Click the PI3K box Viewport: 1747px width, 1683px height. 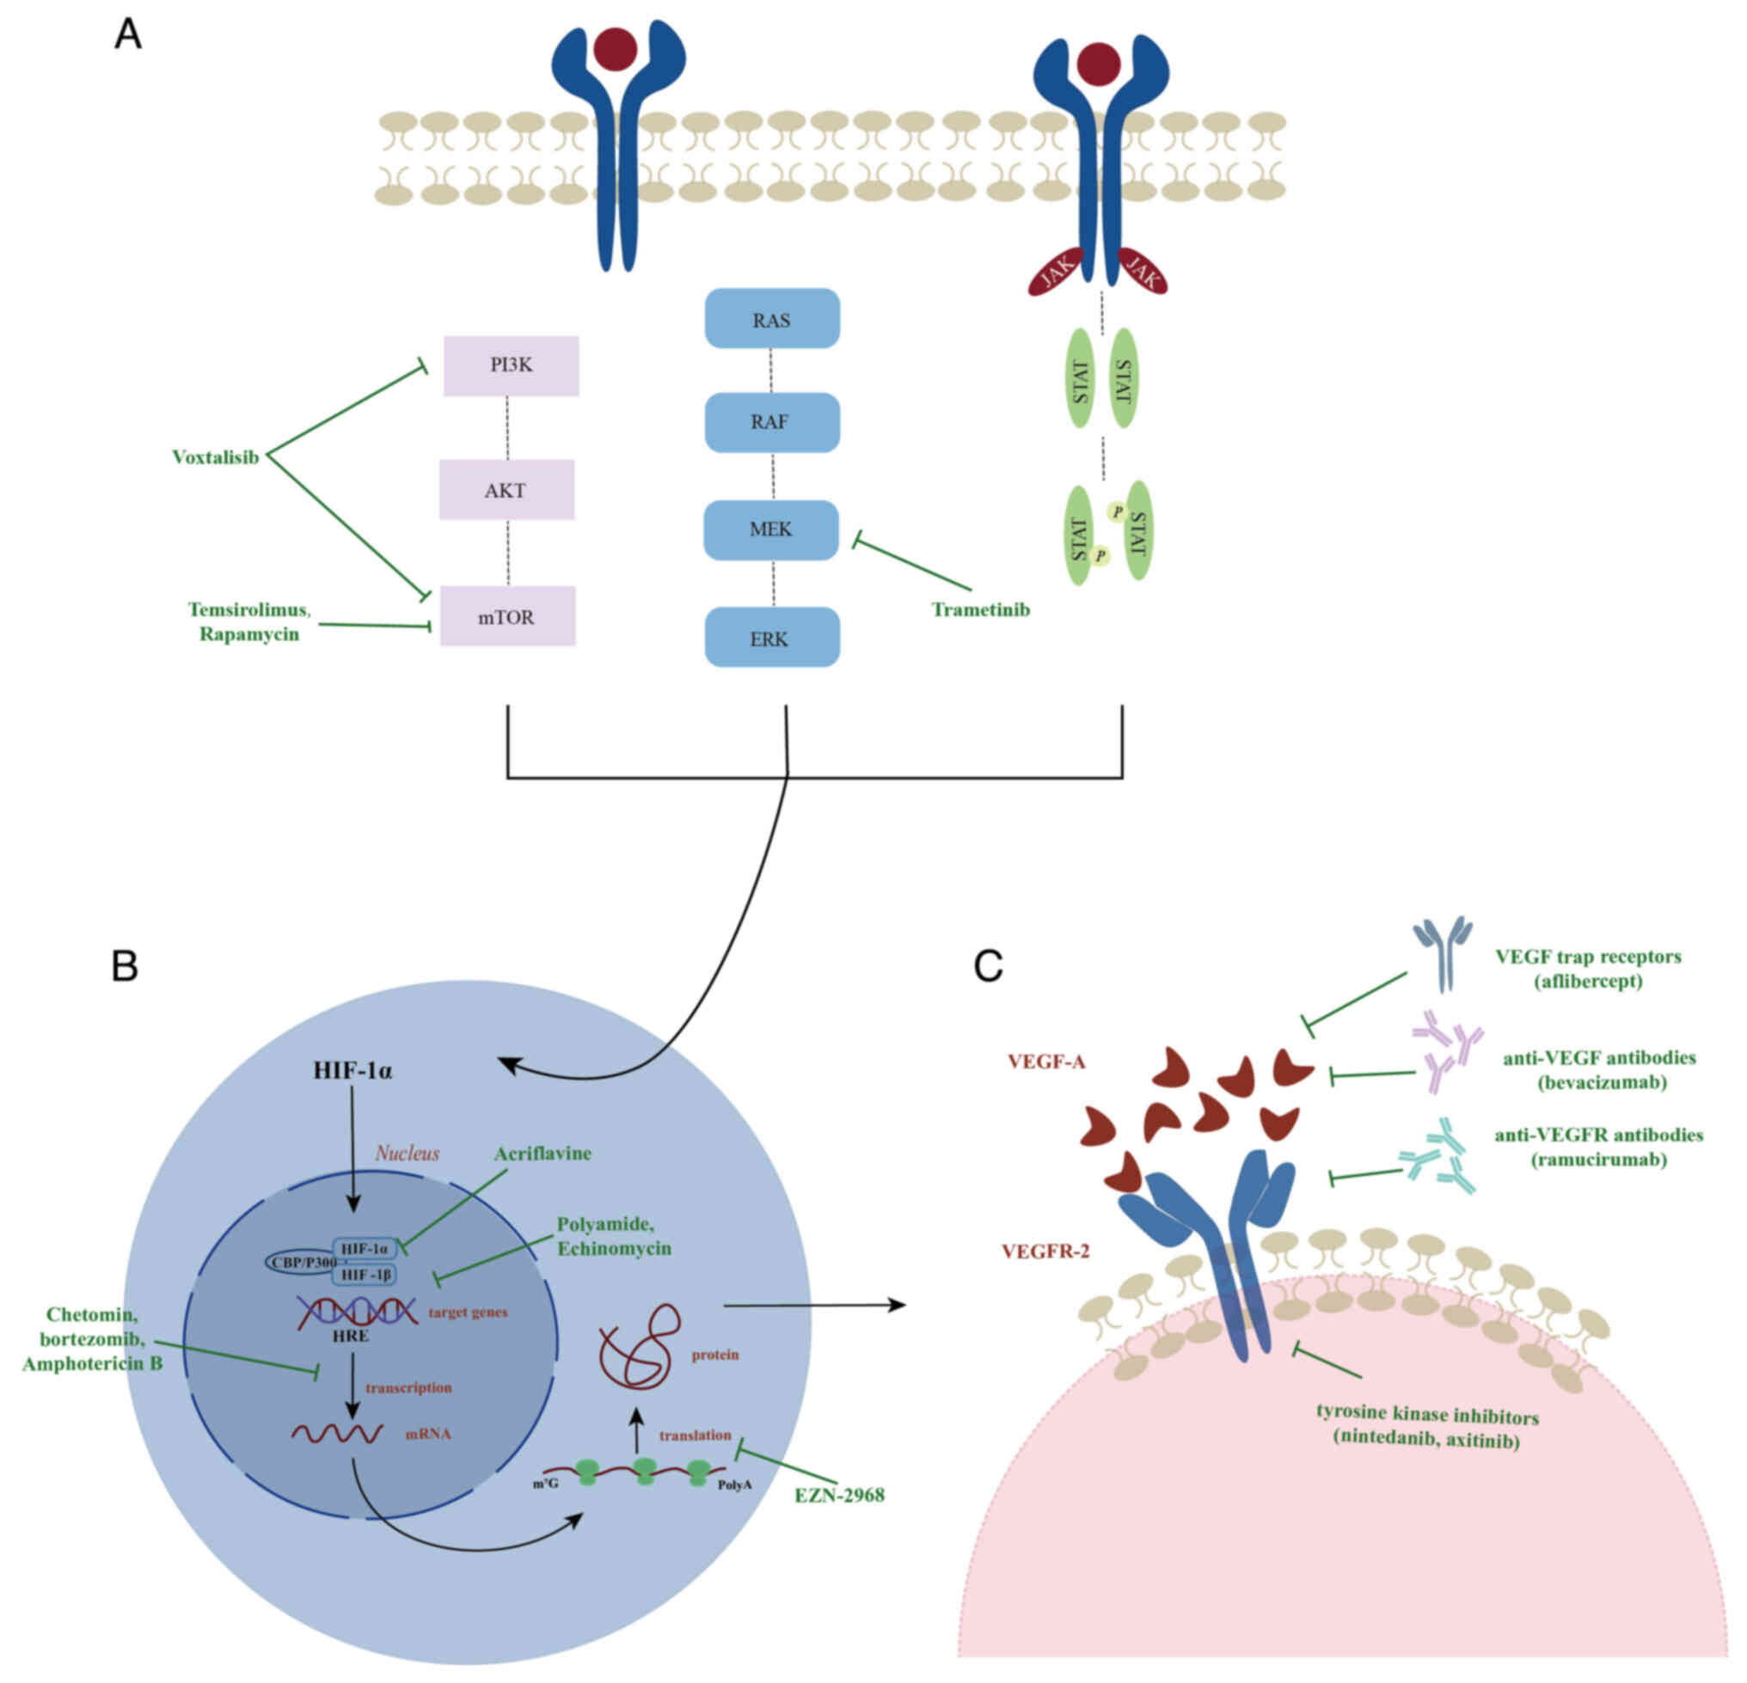point(511,365)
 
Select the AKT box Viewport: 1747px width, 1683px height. point(506,490)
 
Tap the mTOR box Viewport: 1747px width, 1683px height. point(507,616)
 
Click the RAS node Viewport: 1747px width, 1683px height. point(772,319)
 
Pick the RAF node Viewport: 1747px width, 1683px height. point(772,422)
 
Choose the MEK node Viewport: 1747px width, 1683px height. point(771,530)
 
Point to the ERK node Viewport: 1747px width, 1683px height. point(772,638)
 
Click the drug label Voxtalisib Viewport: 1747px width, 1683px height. point(215,458)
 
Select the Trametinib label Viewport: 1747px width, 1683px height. point(980,610)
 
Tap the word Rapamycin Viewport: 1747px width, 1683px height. point(248,635)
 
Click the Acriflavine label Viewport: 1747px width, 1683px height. point(542,1154)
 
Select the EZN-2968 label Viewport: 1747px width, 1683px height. point(840,1496)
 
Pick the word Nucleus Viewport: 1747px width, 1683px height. point(408,1154)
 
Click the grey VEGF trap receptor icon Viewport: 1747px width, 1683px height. point(1442,955)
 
